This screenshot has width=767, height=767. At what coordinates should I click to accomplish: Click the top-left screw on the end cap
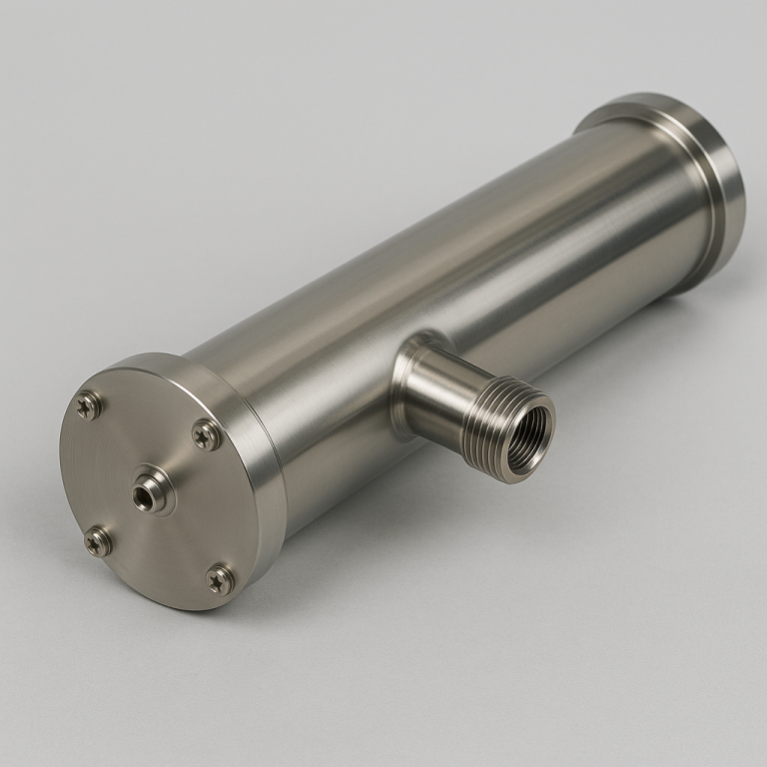[x=89, y=404]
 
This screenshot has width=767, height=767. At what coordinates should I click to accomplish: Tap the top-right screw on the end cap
[x=207, y=434]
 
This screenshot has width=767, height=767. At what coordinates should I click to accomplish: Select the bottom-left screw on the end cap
[x=98, y=541]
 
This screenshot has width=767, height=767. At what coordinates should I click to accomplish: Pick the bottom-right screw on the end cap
[x=221, y=578]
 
